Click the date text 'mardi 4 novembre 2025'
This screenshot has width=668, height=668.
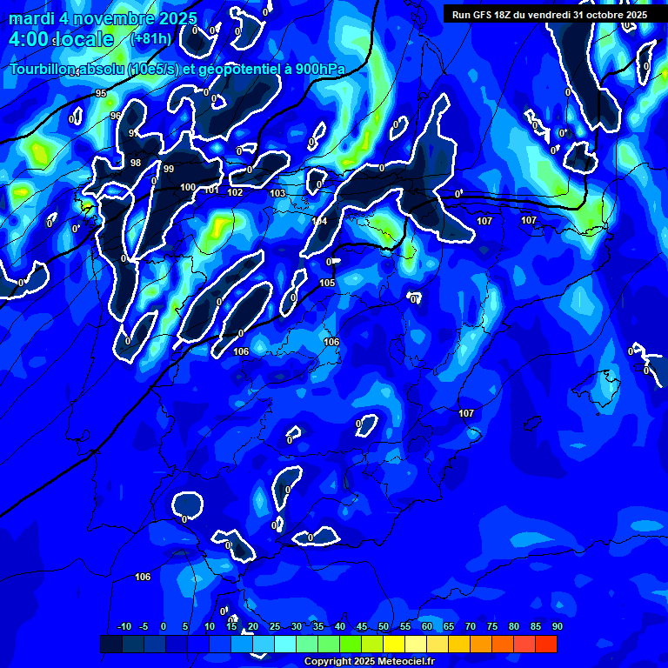[103, 18]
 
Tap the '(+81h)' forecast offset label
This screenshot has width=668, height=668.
[150, 38]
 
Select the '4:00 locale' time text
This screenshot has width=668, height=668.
[62, 40]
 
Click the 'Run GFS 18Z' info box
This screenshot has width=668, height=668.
[549, 14]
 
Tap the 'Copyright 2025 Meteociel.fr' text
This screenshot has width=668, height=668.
[369, 661]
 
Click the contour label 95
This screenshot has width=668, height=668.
[101, 93]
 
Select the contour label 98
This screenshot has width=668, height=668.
[135, 163]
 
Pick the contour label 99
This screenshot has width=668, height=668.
[169, 169]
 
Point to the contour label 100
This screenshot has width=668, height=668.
[188, 187]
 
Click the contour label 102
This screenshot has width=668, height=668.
[235, 192]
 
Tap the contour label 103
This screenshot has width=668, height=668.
[277, 193]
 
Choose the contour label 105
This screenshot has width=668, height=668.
[327, 283]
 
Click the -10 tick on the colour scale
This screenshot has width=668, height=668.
[124, 626]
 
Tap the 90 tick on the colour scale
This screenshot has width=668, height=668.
[557, 626]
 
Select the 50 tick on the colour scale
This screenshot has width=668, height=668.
[384, 626]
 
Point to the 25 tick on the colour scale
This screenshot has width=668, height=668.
[275, 626]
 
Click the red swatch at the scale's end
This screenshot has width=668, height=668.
[545, 644]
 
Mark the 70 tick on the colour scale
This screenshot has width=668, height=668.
[471, 626]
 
